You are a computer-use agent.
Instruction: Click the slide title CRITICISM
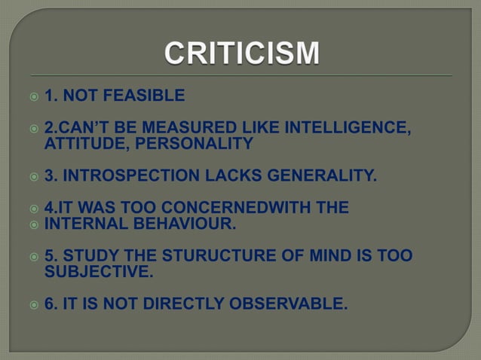pos(241,54)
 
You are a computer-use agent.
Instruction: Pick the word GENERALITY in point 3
pos(317,176)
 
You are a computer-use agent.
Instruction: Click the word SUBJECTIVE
pos(99,272)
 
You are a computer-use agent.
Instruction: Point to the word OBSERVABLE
pos(291,304)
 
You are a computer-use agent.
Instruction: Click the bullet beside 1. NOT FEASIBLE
pos(32,96)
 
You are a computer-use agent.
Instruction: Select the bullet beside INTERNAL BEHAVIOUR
pos(32,224)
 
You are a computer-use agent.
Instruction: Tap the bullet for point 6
pos(32,305)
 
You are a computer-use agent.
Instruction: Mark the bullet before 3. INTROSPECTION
pos(32,177)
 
